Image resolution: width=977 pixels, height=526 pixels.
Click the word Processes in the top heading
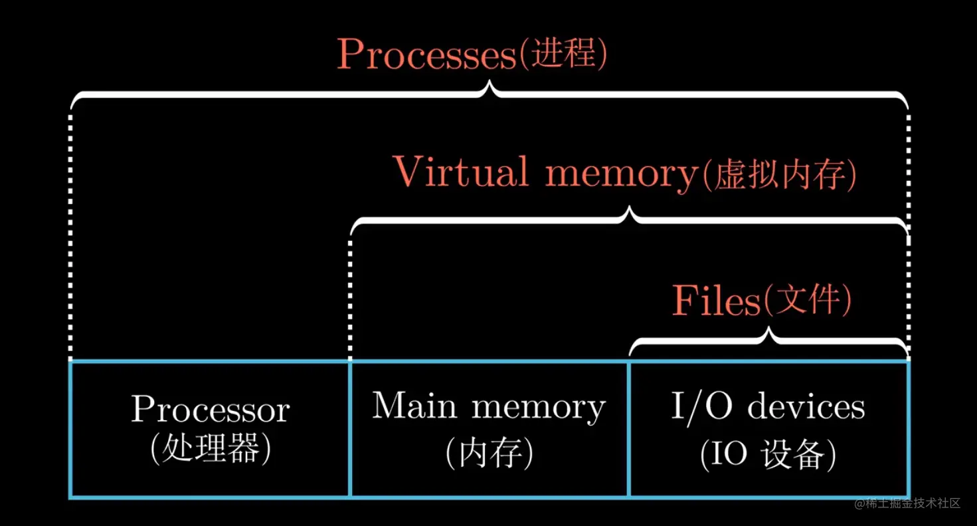tap(425, 55)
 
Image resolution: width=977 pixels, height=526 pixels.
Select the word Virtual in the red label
tap(461, 172)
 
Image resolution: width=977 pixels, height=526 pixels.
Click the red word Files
tap(715, 301)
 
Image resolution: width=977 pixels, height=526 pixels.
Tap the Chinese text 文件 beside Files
tap(807, 301)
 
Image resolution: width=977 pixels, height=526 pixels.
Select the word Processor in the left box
tap(210, 409)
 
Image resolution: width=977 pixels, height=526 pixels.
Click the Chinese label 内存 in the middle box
tap(489, 454)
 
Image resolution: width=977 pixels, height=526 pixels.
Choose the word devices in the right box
tap(806, 406)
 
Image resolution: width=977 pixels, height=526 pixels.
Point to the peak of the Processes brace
tap(490, 85)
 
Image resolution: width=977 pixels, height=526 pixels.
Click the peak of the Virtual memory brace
tap(629, 211)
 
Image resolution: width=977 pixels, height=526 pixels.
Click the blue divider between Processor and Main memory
tap(350, 429)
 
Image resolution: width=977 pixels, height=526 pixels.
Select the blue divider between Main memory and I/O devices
tap(629, 429)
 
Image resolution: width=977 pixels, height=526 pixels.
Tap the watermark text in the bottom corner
tap(908, 503)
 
